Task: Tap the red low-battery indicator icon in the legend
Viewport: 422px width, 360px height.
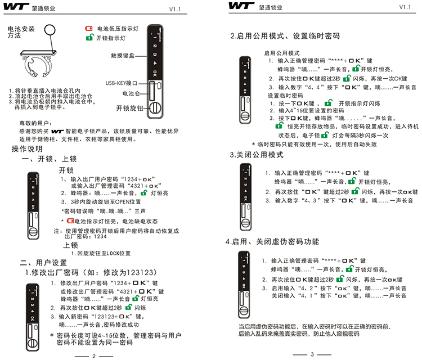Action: [x=88, y=28]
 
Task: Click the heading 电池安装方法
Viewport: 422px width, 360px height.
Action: [x=20, y=31]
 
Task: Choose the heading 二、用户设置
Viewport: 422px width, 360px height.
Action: [x=43, y=262]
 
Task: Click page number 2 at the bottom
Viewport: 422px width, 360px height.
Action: [x=95, y=355]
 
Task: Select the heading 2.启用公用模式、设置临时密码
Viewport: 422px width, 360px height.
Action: [x=285, y=36]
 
